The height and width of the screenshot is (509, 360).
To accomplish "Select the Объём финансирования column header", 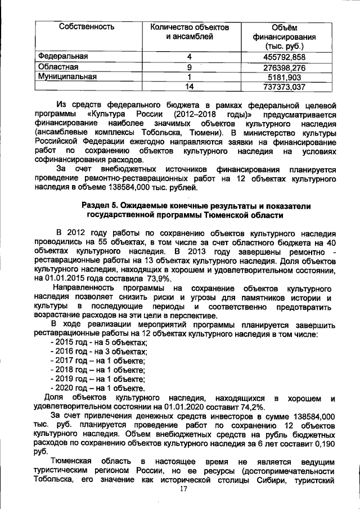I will click(284, 37).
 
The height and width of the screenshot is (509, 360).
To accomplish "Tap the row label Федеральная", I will click(63, 56).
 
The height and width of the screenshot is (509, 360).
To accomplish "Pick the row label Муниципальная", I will click(67, 76).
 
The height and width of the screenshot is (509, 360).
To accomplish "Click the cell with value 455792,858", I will click(284, 57).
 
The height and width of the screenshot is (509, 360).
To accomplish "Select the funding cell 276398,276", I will click(284, 67).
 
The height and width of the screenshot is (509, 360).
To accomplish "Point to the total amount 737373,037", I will click(284, 87).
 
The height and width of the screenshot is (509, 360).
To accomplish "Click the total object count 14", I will click(190, 87).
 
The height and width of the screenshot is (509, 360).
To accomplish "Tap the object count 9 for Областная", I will click(190, 67).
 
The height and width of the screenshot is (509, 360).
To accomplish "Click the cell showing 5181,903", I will click(284, 76).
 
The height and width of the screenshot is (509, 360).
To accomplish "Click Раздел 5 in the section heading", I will click(101, 206).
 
